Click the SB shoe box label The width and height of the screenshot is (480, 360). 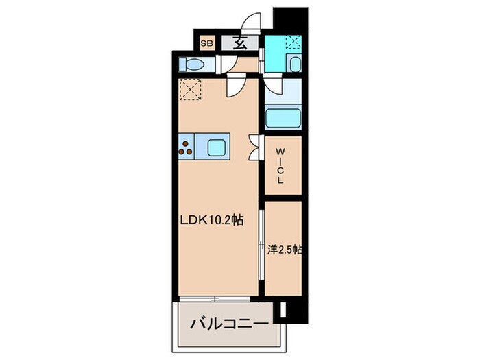[206, 43]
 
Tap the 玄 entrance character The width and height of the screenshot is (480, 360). [241, 43]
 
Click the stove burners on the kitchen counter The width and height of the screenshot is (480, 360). [186, 145]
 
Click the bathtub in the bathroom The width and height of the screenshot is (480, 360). [283, 117]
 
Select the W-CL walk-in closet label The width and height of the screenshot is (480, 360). [281, 165]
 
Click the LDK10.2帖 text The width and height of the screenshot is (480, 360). [211, 221]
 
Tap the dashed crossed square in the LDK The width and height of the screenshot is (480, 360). [189, 90]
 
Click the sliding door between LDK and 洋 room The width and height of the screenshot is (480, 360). [261, 247]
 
